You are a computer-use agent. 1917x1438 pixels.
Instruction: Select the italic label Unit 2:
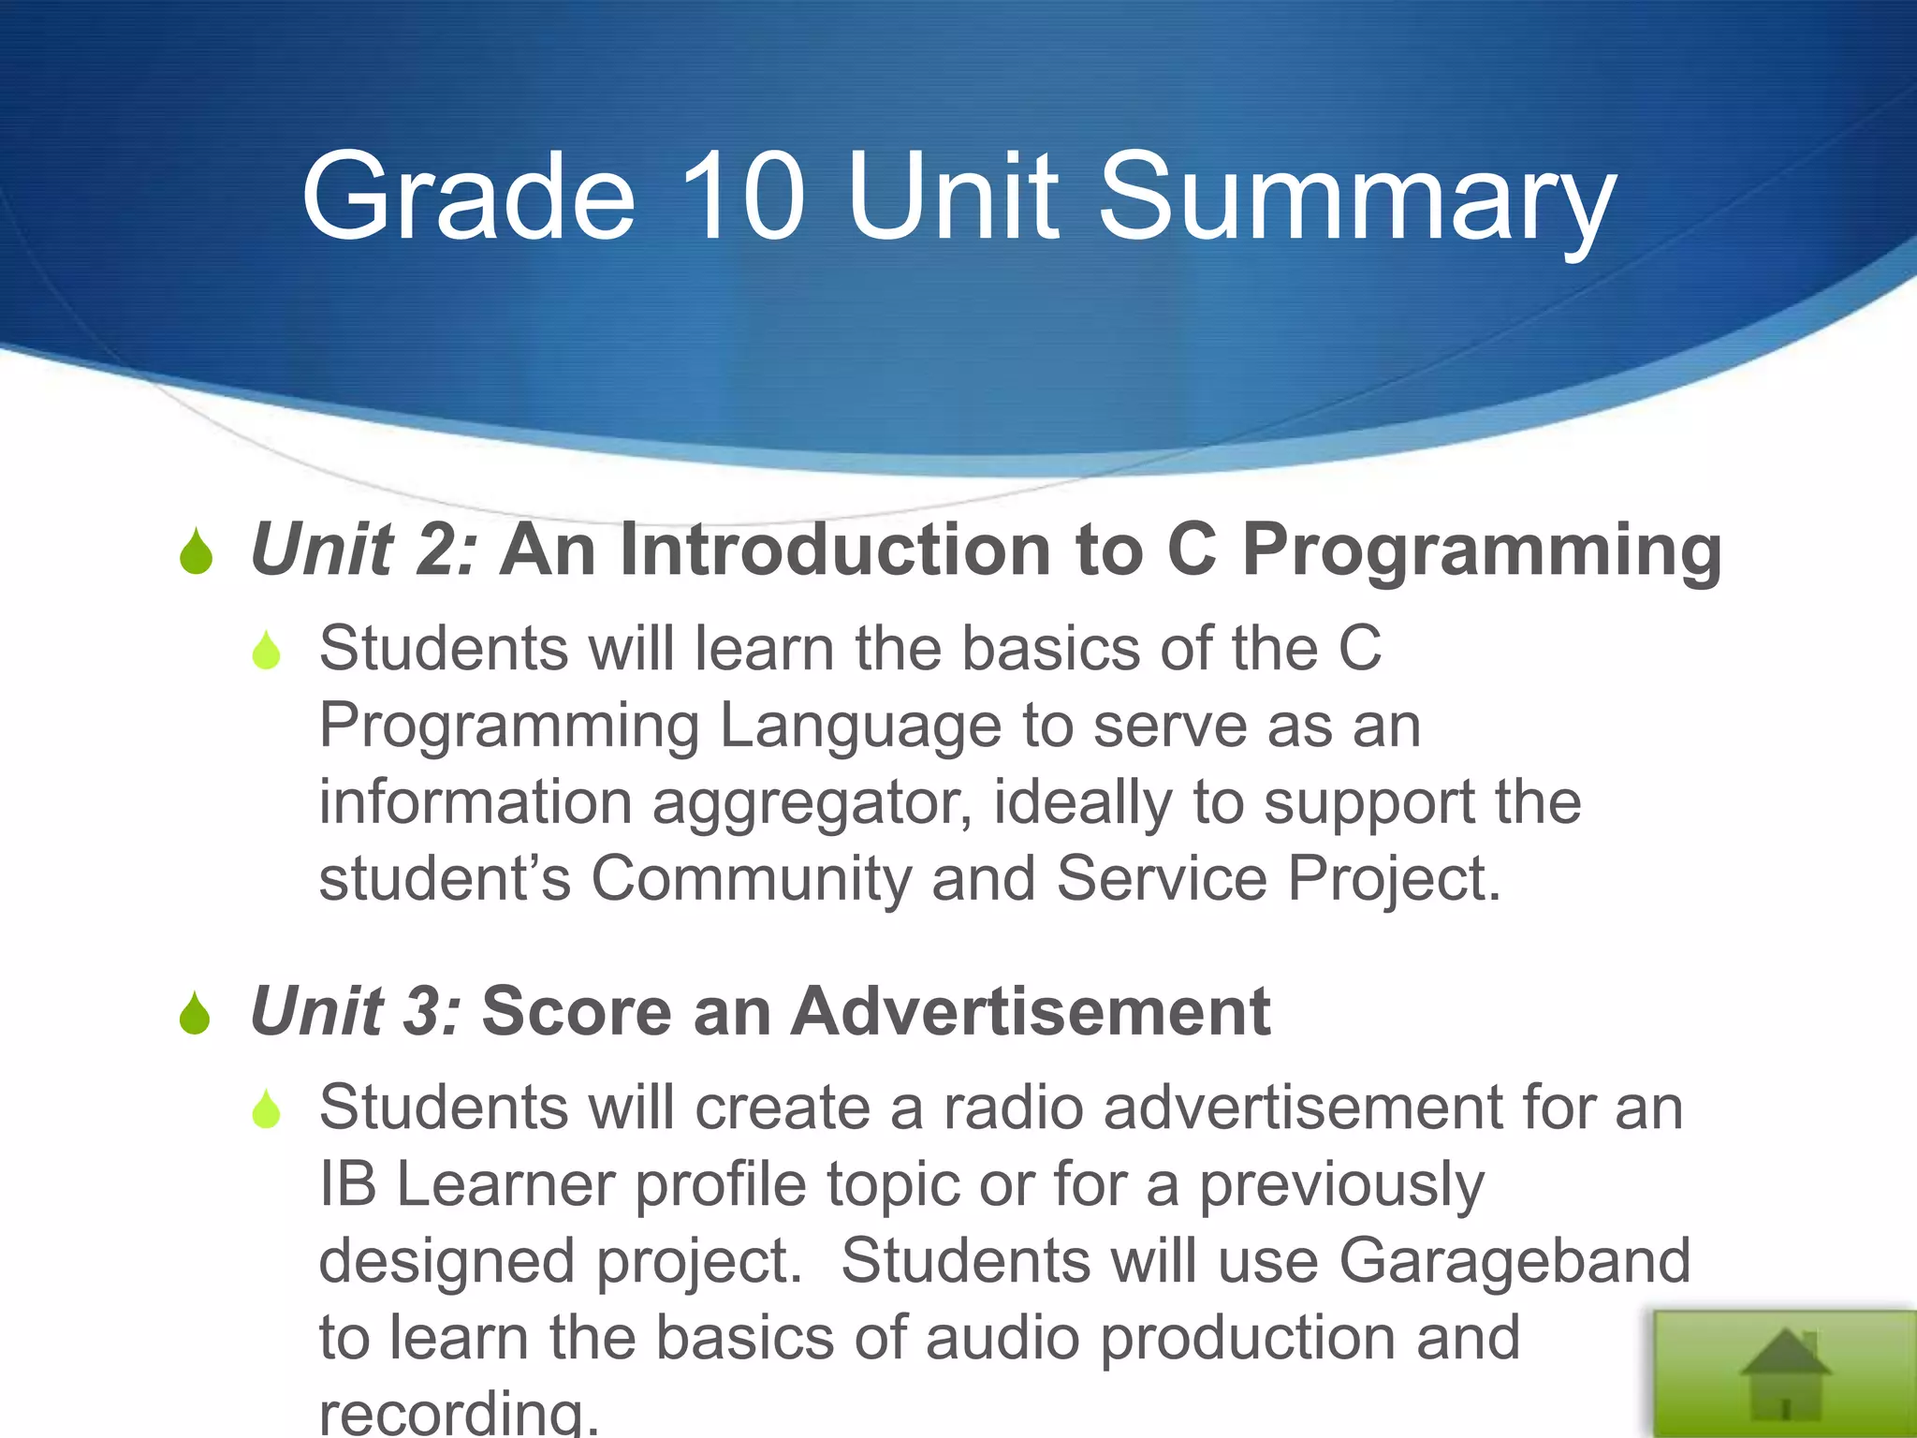pos(365,550)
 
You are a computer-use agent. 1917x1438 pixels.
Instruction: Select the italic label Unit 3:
pos(357,1012)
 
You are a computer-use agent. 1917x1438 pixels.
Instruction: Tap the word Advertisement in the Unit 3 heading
pos(1031,1012)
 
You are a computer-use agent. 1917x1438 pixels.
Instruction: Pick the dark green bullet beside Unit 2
pos(197,551)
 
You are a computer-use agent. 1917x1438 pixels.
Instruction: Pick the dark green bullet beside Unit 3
pos(196,1014)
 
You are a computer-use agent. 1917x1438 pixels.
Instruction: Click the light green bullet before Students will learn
pos(267,651)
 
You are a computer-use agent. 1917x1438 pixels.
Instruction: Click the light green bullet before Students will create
pos(267,1109)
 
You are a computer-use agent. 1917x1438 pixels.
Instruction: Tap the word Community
pos(750,879)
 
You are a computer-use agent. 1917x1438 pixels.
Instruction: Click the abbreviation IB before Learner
pos(347,1184)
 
